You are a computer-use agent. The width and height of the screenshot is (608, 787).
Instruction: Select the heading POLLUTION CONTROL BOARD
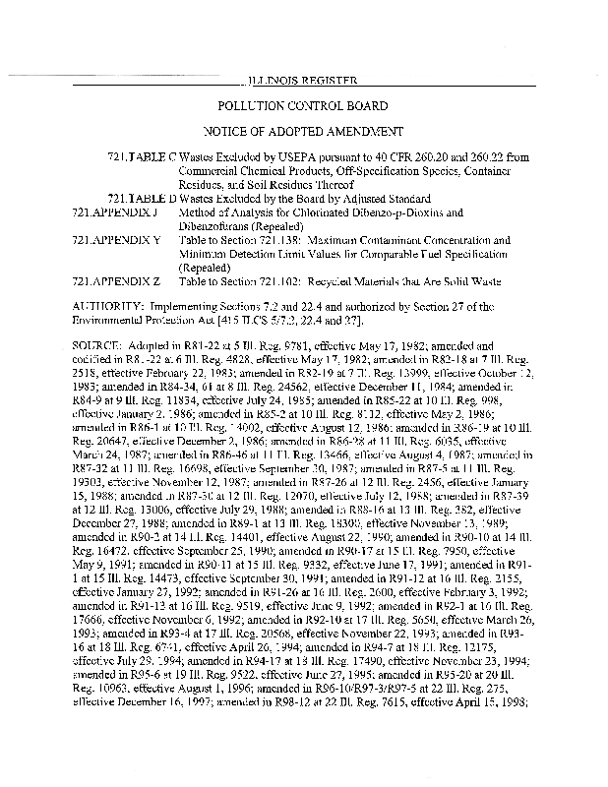click(x=303, y=105)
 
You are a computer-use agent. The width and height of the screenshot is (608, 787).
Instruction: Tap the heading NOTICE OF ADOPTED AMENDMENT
click(x=303, y=130)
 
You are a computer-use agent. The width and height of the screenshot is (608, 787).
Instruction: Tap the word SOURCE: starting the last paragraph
click(x=97, y=347)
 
